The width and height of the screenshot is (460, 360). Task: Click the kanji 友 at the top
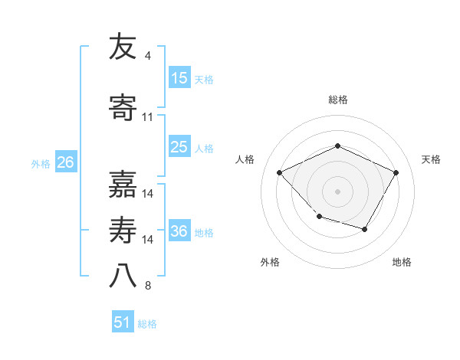tap(123, 47)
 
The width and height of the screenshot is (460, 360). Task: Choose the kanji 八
tap(123, 277)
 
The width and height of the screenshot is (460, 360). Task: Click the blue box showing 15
tap(179, 78)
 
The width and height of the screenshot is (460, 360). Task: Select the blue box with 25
tap(179, 147)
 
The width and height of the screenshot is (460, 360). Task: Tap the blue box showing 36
tap(179, 231)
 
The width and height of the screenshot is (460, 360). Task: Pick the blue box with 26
tap(65, 162)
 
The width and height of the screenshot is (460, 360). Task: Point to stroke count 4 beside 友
tap(147, 56)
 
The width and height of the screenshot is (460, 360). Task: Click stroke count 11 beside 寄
tap(148, 117)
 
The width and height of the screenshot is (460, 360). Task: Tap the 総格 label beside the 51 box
tap(147, 324)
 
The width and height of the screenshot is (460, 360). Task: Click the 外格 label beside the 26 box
tap(41, 163)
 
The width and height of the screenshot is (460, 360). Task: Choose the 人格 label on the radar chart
tap(246, 159)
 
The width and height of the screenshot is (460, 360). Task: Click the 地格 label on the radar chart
tap(402, 262)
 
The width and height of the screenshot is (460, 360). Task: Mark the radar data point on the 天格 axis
tap(396, 172)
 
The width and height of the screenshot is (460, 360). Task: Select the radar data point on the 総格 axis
tap(337, 146)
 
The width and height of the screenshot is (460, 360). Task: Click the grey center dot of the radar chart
tap(337, 191)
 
